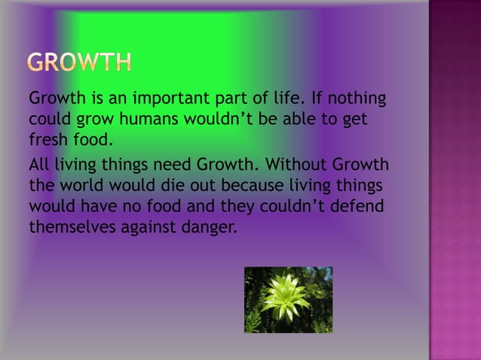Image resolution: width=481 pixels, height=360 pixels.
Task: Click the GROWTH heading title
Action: tap(80, 63)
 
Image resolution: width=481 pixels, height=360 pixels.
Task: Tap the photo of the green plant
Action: tap(288, 300)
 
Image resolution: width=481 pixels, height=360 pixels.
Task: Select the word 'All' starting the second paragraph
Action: tap(39, 165)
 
